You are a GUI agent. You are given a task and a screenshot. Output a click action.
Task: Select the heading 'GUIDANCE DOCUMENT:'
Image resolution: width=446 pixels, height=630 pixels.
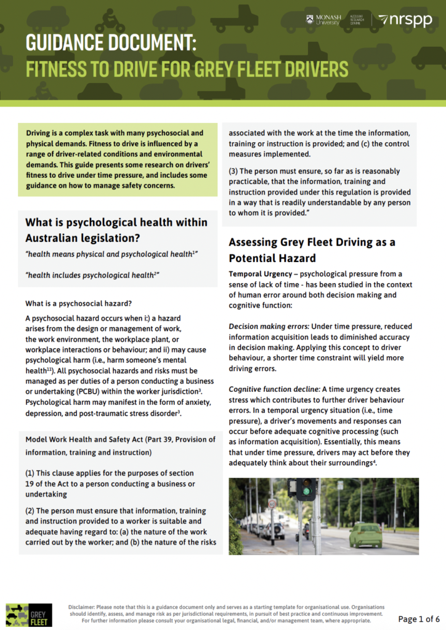(111, 43)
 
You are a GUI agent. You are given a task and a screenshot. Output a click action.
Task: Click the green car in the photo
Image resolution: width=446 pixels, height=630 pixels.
(365, 535)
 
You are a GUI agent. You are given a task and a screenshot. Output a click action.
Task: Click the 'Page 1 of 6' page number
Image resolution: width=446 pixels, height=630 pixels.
(419, 618)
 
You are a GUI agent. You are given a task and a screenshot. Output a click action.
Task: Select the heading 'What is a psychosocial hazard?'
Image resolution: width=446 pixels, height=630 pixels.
(78, 303)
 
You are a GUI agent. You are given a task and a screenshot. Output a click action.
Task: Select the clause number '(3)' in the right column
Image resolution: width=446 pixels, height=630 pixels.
(235, 171)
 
